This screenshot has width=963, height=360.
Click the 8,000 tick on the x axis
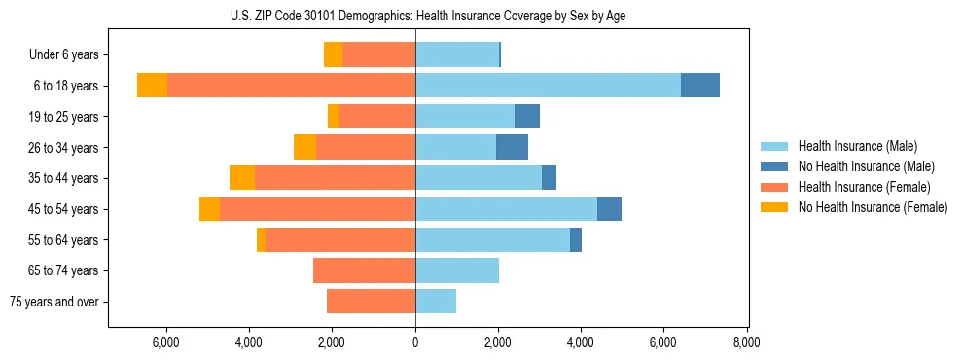(x=747, y=342)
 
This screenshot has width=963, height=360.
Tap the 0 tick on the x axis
(x=415, y=342)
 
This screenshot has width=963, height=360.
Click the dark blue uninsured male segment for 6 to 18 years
(x=700, y=86)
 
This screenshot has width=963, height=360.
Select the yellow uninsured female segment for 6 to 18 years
(x=152, y=86)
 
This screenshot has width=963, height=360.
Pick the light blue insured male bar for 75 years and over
(x=436, y=302)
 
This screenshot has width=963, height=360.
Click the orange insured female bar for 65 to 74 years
(x=364, y=270)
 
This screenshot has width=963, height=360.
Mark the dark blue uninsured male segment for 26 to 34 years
(x=512, y=147)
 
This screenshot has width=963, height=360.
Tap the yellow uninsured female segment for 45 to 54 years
(x=209, y=209)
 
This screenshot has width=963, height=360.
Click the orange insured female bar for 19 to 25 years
(x=377, y=117)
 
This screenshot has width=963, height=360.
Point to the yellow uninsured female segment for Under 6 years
(x=333, y=54)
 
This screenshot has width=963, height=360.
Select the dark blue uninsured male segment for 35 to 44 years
(x=549, y=178)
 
